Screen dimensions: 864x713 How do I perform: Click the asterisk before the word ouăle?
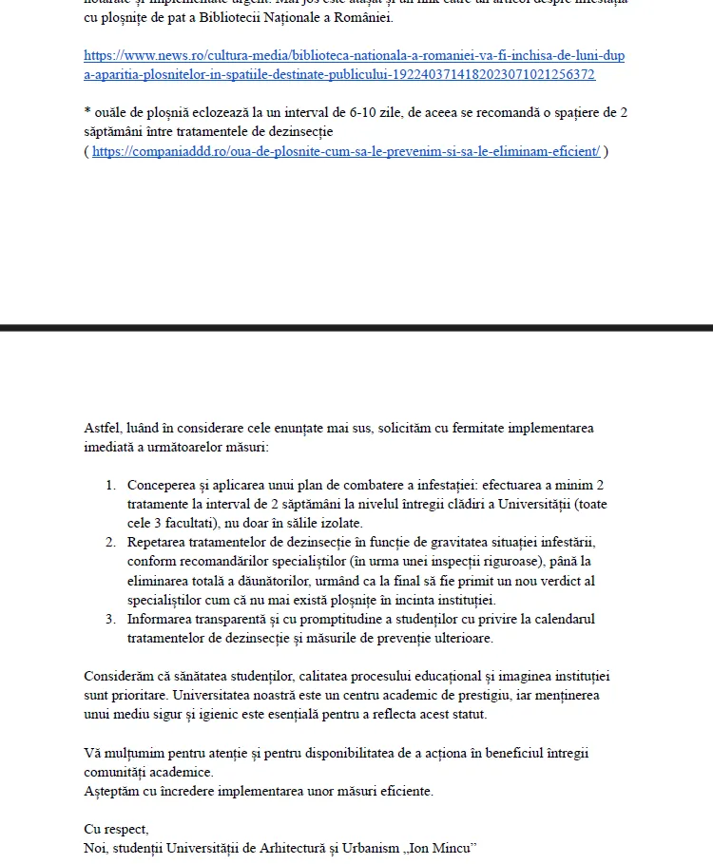[x=87, y=111]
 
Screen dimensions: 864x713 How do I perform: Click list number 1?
[x=110, y=485]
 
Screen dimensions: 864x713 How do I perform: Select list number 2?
[x=110, y=542]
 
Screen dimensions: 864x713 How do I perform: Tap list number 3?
[x=110, y=619]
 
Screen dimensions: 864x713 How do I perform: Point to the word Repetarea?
[x=156, y=542]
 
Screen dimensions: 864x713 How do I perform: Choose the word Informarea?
[x=160, y=619]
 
